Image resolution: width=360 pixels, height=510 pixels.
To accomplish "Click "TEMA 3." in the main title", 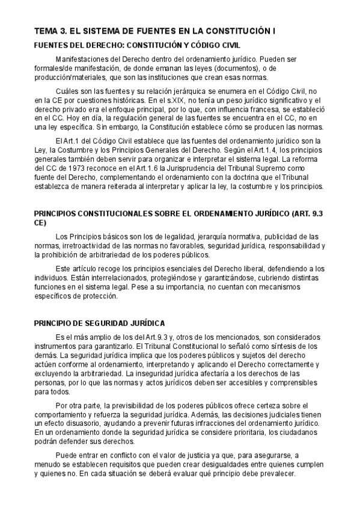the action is point(50,31).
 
